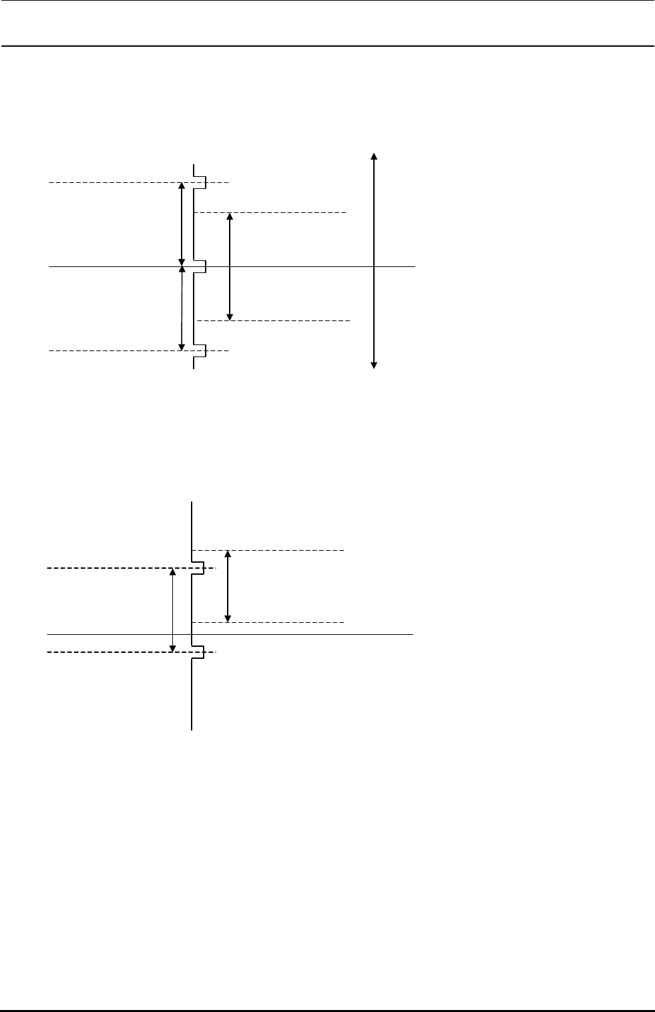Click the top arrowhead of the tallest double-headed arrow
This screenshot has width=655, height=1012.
pyautogui.click(x=374, y=156)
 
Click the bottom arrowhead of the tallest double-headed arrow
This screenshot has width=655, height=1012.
pyautogui.click(x=374, y=364)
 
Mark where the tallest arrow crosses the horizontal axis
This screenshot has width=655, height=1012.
pyautogui.click(x=374, y=266)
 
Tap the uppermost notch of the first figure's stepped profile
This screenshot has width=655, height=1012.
pyautogui.click(x=200, y=182)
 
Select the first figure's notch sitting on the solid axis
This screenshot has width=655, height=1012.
pyautogui.click(x=200, y=266)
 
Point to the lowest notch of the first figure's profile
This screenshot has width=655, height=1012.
pyautogui.click(x=200, y=350)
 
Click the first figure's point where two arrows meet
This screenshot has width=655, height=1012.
pyautogui.click(x=182, y=266)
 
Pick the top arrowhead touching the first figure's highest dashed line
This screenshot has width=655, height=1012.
pyautogui.click(x=181, y=186)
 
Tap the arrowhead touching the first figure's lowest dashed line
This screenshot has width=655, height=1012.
pyautogui.click(x=181, y=346)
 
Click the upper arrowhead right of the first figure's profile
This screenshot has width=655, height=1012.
pyautogui.click(x=230, y=216)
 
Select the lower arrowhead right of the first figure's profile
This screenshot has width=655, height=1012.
pyautogui.click(x=230, y=317)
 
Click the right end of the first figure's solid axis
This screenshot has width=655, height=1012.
pyautogui.click(x=415, y=266)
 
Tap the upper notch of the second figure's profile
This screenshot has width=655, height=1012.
pyautogui.click(x=198, y=568)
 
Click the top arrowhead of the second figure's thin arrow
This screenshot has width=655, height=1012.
pyautogui.click(x=173, y=571)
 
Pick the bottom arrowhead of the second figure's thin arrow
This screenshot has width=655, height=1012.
pyautogui.click(x=173, y=648)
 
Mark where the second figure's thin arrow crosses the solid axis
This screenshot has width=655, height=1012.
pyautogui.click(x=173, y=634)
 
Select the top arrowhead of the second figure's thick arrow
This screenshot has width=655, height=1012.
pyautogui.click(x=228, y=554)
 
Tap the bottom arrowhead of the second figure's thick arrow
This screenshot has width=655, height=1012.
pyautogui.click(x=228, y=618)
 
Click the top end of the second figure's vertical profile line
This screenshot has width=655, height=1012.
pyautogui.click(x=192, y=502)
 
